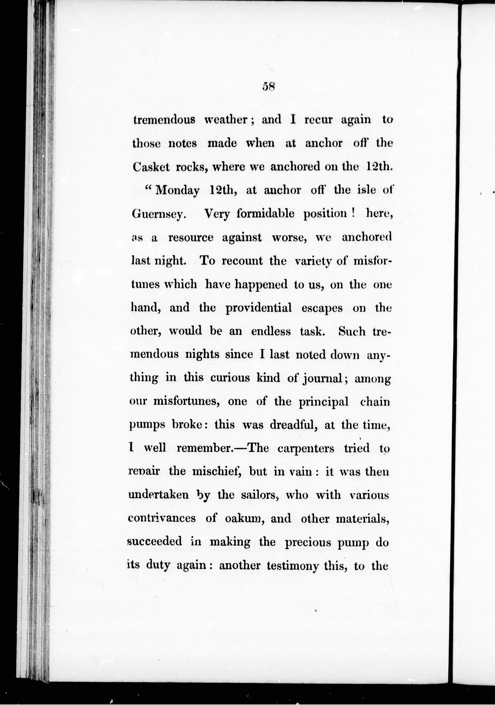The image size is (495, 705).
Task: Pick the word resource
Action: coord(191,238)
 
